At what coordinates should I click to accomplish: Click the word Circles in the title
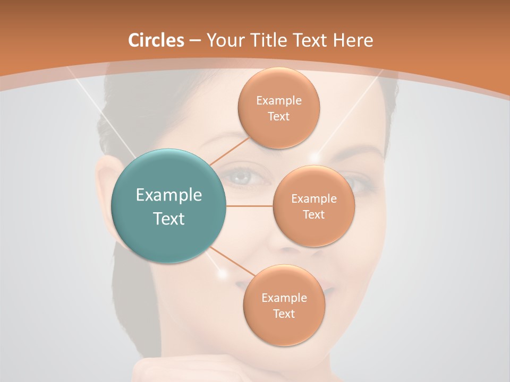[x=156, y=40]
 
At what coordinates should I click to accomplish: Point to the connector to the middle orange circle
[x=249, y=206]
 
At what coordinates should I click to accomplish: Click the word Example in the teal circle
[x=169, y=195]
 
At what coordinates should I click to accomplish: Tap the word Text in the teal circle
[x=169, y=219]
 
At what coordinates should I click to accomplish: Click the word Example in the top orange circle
[x=279, y=101]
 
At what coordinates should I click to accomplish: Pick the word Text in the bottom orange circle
[x=284, y=314]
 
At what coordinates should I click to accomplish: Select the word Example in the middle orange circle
[x=314, y=199]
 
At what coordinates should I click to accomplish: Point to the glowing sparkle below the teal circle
[x=223, y=273]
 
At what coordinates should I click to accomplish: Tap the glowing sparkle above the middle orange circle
[x=315, y=157]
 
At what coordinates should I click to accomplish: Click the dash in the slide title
[x=195, y=40]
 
